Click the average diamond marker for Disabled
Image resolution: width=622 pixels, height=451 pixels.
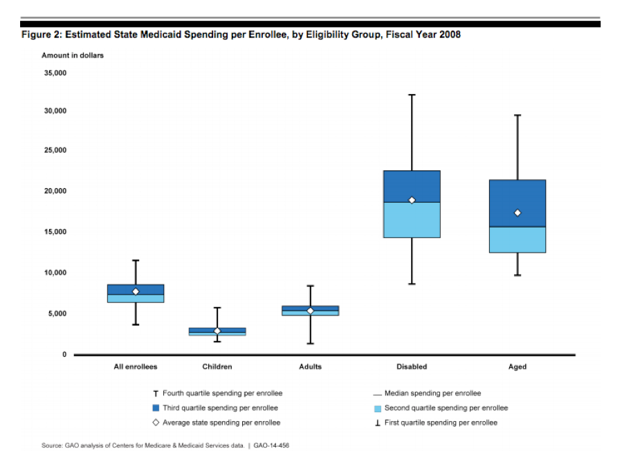tap(412, 201)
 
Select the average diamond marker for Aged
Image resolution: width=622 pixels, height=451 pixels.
tap(517, 213)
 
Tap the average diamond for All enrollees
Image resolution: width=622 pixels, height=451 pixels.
tap(136, 292)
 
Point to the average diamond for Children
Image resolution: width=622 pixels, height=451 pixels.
tap(217, 331)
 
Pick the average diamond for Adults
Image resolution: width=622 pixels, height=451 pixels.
tap(310, 311)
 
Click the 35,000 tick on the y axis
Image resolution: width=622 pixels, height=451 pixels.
tap(55, 73)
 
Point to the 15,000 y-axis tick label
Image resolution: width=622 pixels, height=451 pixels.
tap(55, 232)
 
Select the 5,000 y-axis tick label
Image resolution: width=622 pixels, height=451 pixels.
tap(57, 313)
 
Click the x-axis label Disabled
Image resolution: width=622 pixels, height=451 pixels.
tap(412, 367)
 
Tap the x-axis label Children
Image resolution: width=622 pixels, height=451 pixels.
tap(217, 367)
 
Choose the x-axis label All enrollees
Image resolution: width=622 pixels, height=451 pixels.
tap(136, 367)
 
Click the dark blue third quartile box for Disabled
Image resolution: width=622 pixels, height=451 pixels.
tap(412, 185)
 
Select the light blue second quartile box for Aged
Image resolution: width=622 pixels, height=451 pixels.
tap(517, 240)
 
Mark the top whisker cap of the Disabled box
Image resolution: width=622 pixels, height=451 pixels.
tap(412, 95)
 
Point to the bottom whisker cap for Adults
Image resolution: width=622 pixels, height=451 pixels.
tap(310, 343)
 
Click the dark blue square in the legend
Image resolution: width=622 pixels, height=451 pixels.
tap(156, 408)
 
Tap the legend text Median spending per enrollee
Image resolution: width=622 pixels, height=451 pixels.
tap(432, 394)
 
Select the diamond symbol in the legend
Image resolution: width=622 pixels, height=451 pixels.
tap(156, 423)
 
